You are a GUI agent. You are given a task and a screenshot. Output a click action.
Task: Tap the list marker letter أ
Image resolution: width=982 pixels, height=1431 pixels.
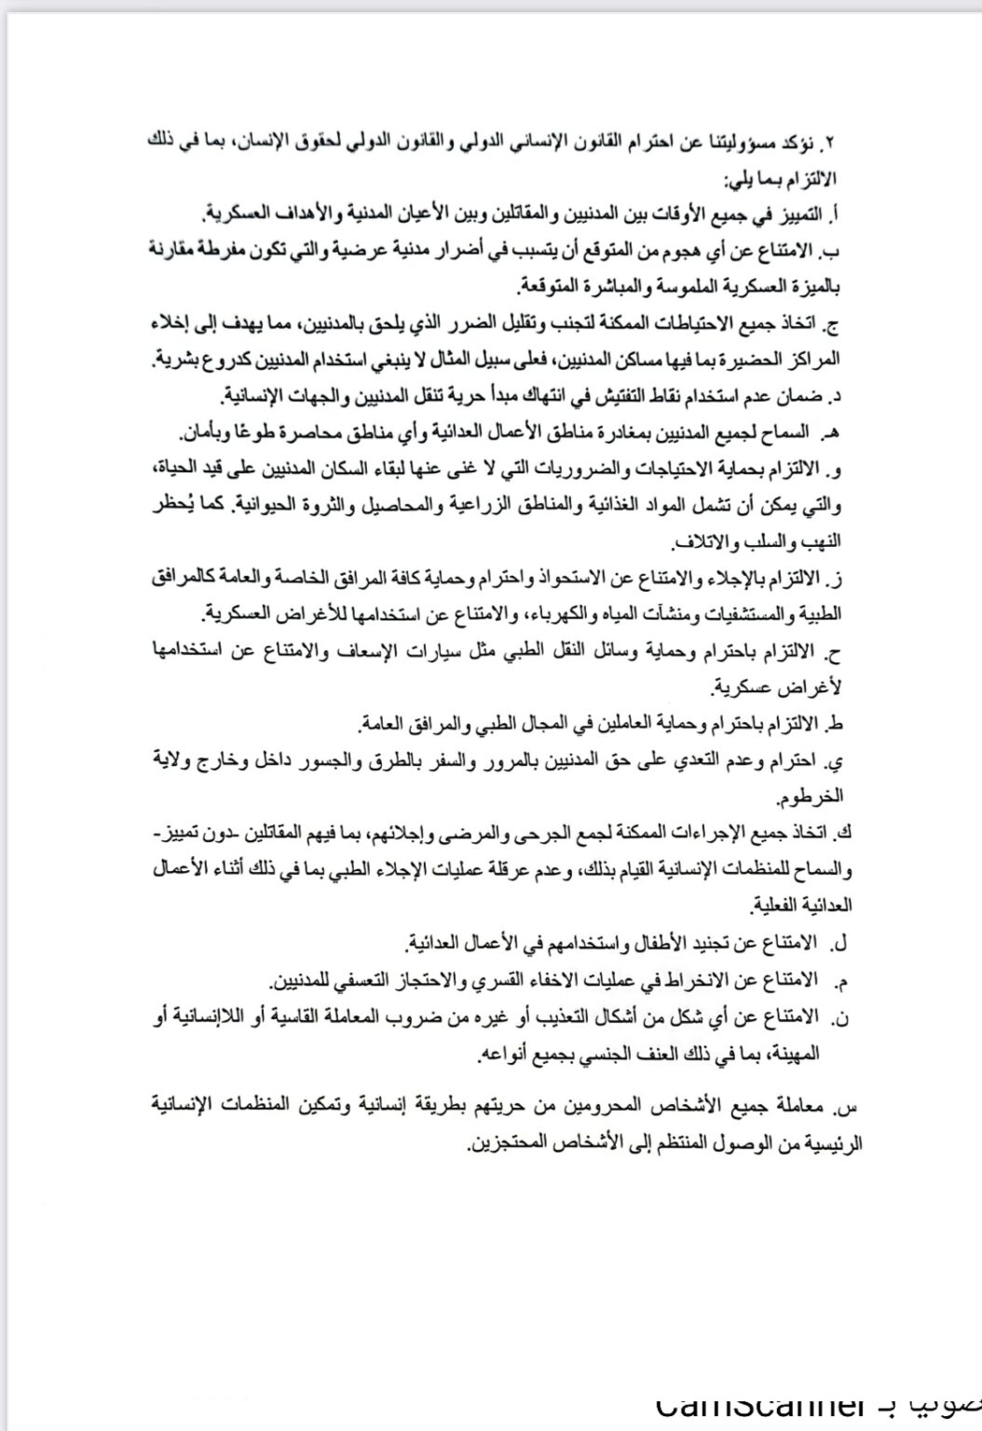coord(835,215)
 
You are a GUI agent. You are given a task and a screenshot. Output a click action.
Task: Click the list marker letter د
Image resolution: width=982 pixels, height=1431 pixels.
coord(837,397)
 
